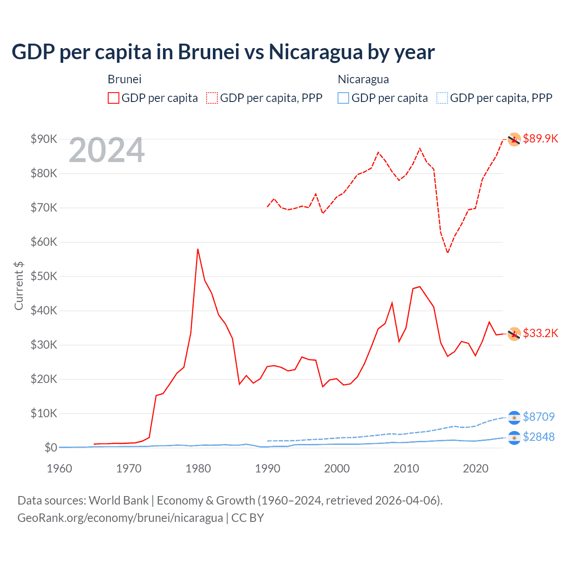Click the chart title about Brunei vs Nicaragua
pos(223,52)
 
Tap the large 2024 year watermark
pos(106,150)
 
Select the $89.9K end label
pos(540,138)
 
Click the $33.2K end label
pos(540,333)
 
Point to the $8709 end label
pos(538,417)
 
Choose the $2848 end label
pos(538,437)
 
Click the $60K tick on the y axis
pos(44,242)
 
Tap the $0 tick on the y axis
pos(51,448)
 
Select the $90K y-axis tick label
pos(44,139)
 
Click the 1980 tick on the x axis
pos(198,468)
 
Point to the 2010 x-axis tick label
pos(406,468)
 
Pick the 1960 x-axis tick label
pos(59,468)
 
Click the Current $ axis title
pos(19,286)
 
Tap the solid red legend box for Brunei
pos(114,98)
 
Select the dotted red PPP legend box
pos(212,98)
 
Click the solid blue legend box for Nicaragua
pos(343,98)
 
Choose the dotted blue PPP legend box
pos(442,98)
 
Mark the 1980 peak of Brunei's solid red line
pos(198,249)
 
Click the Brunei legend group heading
pos(125,79)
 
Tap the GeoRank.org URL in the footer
pos(120,518)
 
